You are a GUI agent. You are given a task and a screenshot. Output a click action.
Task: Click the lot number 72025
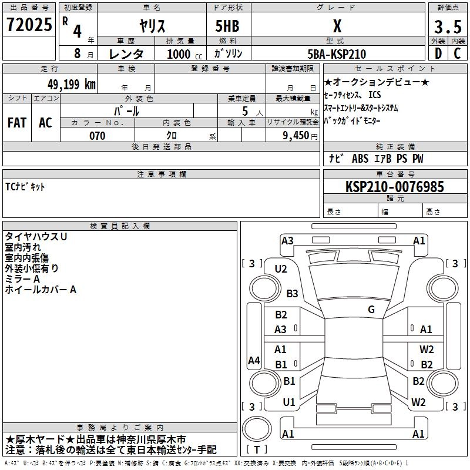tap(29, 25)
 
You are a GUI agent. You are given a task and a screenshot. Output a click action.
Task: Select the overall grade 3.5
tap(448, 26)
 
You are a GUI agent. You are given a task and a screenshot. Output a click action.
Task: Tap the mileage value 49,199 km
tap(72, 85)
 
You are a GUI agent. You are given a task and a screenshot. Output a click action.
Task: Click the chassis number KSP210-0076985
tap(394, 187)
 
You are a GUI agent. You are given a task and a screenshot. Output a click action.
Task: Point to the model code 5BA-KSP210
tap(337, 54)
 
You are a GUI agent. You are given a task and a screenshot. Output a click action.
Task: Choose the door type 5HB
tap(227, 26)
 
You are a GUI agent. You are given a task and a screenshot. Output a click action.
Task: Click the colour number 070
tap(98, 136)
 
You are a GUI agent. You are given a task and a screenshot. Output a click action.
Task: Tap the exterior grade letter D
tap(438, 53)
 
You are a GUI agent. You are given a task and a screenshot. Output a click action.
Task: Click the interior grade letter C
tap(457, 53)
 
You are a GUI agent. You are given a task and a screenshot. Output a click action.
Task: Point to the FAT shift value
tap(17, 123)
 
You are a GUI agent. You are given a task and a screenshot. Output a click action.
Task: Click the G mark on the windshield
tap(371, 310)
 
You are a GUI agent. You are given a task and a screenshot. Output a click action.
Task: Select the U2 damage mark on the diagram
tap(281, 269)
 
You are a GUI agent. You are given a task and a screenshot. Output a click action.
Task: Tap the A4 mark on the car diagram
tap(254, 360)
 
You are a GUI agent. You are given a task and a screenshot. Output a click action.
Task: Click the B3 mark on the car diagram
tap(292, 293)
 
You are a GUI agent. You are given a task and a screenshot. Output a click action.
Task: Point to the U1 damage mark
tap(289, 402)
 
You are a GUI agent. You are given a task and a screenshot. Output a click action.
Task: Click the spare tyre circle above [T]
tap(257, 428)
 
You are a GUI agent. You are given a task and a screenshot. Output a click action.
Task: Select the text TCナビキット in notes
tap(25, 187)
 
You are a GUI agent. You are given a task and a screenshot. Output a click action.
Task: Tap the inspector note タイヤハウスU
tap(36, 237)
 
